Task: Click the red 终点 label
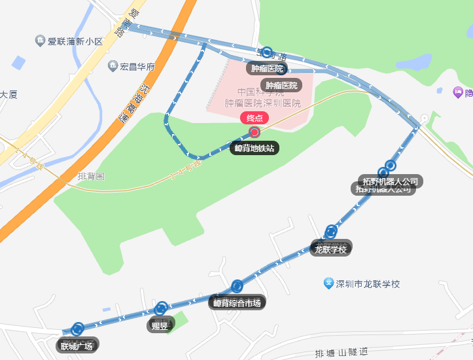255,118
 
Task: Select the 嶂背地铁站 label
255,148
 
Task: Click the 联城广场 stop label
77,346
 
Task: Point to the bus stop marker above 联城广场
79,329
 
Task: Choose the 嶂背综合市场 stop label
237,302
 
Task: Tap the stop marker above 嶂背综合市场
237,286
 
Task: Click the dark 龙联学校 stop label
331,249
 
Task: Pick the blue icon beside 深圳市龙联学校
329,283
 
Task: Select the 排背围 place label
91,176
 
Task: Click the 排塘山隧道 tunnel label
342,353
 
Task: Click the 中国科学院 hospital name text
259,92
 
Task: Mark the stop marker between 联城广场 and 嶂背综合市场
161,308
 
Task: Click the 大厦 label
9,94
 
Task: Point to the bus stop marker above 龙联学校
331,231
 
